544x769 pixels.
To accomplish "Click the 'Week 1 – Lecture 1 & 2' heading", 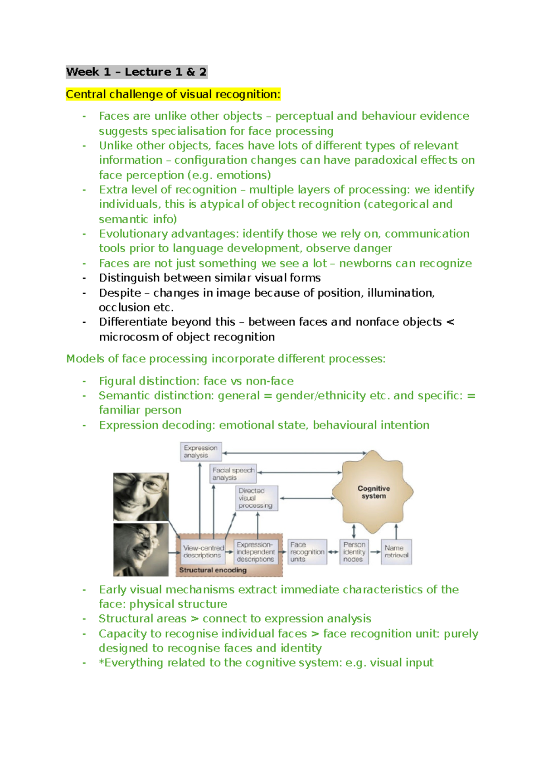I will [136, 72].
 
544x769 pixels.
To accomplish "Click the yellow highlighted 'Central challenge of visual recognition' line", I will [173, 94].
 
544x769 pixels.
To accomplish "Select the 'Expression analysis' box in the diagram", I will [201, 452].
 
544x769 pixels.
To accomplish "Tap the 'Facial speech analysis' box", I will [233, 474].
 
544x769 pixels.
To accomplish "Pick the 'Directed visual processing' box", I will [257, 498].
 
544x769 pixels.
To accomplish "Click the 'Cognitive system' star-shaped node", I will [373, 492].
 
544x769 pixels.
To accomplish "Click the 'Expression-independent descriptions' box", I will [256, 552].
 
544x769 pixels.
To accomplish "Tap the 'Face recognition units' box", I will [307, 552].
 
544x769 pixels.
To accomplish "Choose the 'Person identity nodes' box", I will [354, 552].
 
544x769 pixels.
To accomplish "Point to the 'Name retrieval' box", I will [396, 552].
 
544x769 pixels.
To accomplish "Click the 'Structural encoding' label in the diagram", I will [213, 570].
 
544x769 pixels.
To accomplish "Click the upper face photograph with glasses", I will [141, 496].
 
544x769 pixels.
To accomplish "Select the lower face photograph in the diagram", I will [141, 550].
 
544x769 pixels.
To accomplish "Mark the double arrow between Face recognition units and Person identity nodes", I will [333, 552].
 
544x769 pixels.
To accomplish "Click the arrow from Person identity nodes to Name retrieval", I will [375, 552].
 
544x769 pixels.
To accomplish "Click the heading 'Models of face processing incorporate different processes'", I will [226, 359].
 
